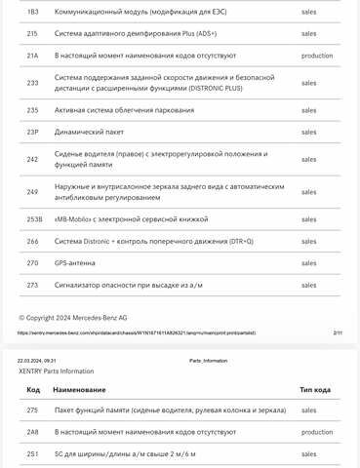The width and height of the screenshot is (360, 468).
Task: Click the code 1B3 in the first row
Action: click(x=32, y=12)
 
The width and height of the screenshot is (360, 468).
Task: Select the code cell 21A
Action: click(x=32, y=56)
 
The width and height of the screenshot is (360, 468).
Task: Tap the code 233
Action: click(x=32, y=83)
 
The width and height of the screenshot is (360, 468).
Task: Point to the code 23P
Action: click(x=32, y=132)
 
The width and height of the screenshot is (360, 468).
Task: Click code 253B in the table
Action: click(x=34, y=219)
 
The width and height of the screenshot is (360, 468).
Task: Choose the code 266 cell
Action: click(x=32, y=241)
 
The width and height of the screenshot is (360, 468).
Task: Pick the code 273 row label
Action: click(x=32, y=285)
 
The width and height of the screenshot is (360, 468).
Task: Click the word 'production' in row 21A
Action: click(x=317, y=56)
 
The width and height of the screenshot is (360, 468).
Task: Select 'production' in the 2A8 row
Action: click(x=317, y=431)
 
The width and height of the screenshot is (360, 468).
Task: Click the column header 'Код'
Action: click(x=32, y=388)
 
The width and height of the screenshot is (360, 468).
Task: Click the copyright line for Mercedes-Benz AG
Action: click(x=73, y=318)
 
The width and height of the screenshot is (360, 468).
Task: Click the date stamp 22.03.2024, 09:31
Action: click(x=37, y=361)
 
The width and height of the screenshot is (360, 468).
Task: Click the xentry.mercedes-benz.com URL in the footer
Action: click(x=136, y=332)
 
